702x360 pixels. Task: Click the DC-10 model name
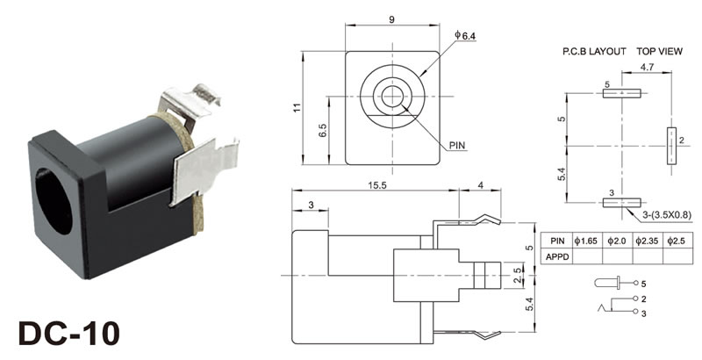point(69,334)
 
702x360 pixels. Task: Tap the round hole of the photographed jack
point(54,201)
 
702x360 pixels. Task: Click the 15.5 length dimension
point(377,185)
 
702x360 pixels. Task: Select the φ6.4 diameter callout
point(465,35)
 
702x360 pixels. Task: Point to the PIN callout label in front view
point(457,145)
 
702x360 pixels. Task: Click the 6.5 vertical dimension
point(323,130)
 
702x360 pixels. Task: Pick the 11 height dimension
point(297,107)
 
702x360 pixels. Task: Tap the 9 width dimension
point(392,19)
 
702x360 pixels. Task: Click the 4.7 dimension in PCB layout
point(647,67)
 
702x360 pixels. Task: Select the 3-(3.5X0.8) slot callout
point(667,216)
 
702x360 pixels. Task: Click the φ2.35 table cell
point(647,241)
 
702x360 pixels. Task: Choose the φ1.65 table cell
point(586,241)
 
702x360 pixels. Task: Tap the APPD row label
point(558,256)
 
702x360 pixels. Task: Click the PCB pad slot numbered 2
point(671,146)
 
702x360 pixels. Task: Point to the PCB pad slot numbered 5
point(622,93)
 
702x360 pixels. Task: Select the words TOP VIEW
point(660,52)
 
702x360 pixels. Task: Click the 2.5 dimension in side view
point(518,276)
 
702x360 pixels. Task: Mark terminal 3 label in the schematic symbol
point(643,313)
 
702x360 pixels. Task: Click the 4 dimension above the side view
point(480,185)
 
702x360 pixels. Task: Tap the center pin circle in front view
point(392,97)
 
